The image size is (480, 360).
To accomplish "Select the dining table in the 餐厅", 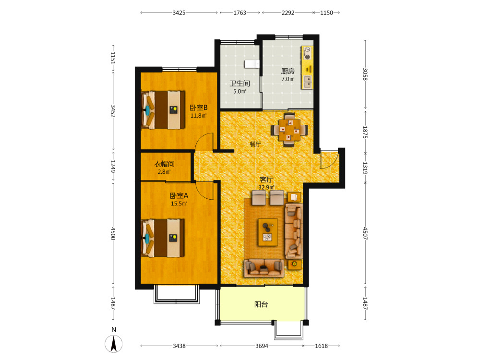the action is coord(289,130).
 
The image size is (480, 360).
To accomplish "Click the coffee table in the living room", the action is coord(268,232).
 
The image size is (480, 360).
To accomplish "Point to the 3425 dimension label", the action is coord(179,13).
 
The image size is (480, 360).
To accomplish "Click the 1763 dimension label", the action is coord(240,13).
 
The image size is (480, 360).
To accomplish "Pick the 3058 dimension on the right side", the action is coord(365,74).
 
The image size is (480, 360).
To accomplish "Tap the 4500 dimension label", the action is coord(113,234).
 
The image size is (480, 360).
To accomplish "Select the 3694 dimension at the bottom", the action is coord(262,346).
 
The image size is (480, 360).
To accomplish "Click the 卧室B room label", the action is coord(199,108).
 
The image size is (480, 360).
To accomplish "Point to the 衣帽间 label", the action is coord(164,164).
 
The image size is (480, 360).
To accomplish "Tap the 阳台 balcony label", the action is coord(261,304).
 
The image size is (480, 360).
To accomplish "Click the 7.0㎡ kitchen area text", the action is coord(288,79).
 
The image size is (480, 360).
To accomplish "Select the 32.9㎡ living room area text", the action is coord(266,187).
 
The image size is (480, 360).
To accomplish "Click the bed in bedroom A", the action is coord(163,238).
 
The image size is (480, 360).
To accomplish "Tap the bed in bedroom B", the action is coord(163,109).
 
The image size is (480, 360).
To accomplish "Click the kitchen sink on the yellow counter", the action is coord(308,82).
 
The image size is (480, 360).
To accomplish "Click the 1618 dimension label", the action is coord(322,346).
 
